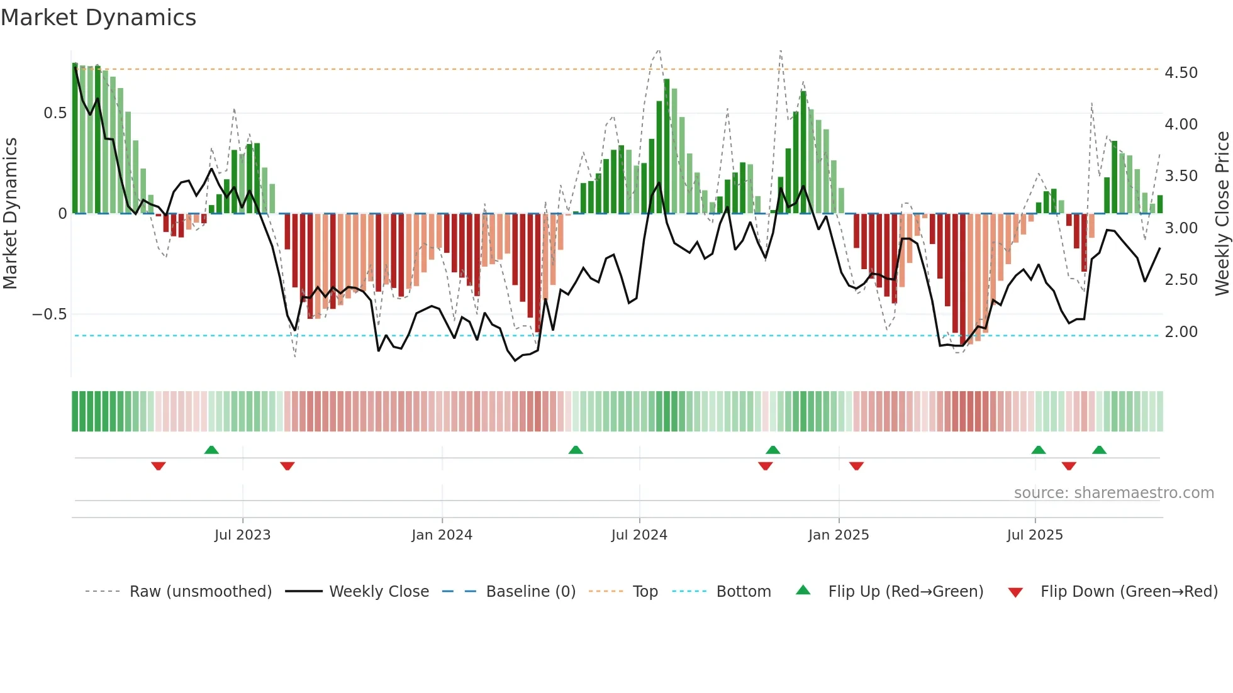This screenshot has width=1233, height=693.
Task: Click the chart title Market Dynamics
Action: [98, 18]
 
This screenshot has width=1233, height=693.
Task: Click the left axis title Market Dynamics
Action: [10, 214]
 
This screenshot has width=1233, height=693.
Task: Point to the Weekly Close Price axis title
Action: [1222, 214]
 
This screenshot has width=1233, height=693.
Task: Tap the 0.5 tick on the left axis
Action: [55, 113]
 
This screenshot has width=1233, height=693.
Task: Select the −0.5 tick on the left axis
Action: [50, 314]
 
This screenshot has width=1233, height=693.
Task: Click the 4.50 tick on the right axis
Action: [1181, 73]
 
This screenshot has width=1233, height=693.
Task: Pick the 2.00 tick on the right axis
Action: [1181, 332]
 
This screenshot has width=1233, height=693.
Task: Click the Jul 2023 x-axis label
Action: [242, 535]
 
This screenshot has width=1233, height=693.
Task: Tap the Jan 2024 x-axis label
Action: [442, 535]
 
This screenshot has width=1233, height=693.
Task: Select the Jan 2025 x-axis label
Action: [839, 535]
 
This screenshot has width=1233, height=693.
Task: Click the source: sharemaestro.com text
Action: [1113, 493]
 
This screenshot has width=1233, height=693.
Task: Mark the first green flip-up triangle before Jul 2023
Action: [211, 450]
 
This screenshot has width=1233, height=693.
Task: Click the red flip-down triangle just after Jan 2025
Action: [856, 466]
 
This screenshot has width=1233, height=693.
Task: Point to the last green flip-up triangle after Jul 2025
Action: [1099, 450]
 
